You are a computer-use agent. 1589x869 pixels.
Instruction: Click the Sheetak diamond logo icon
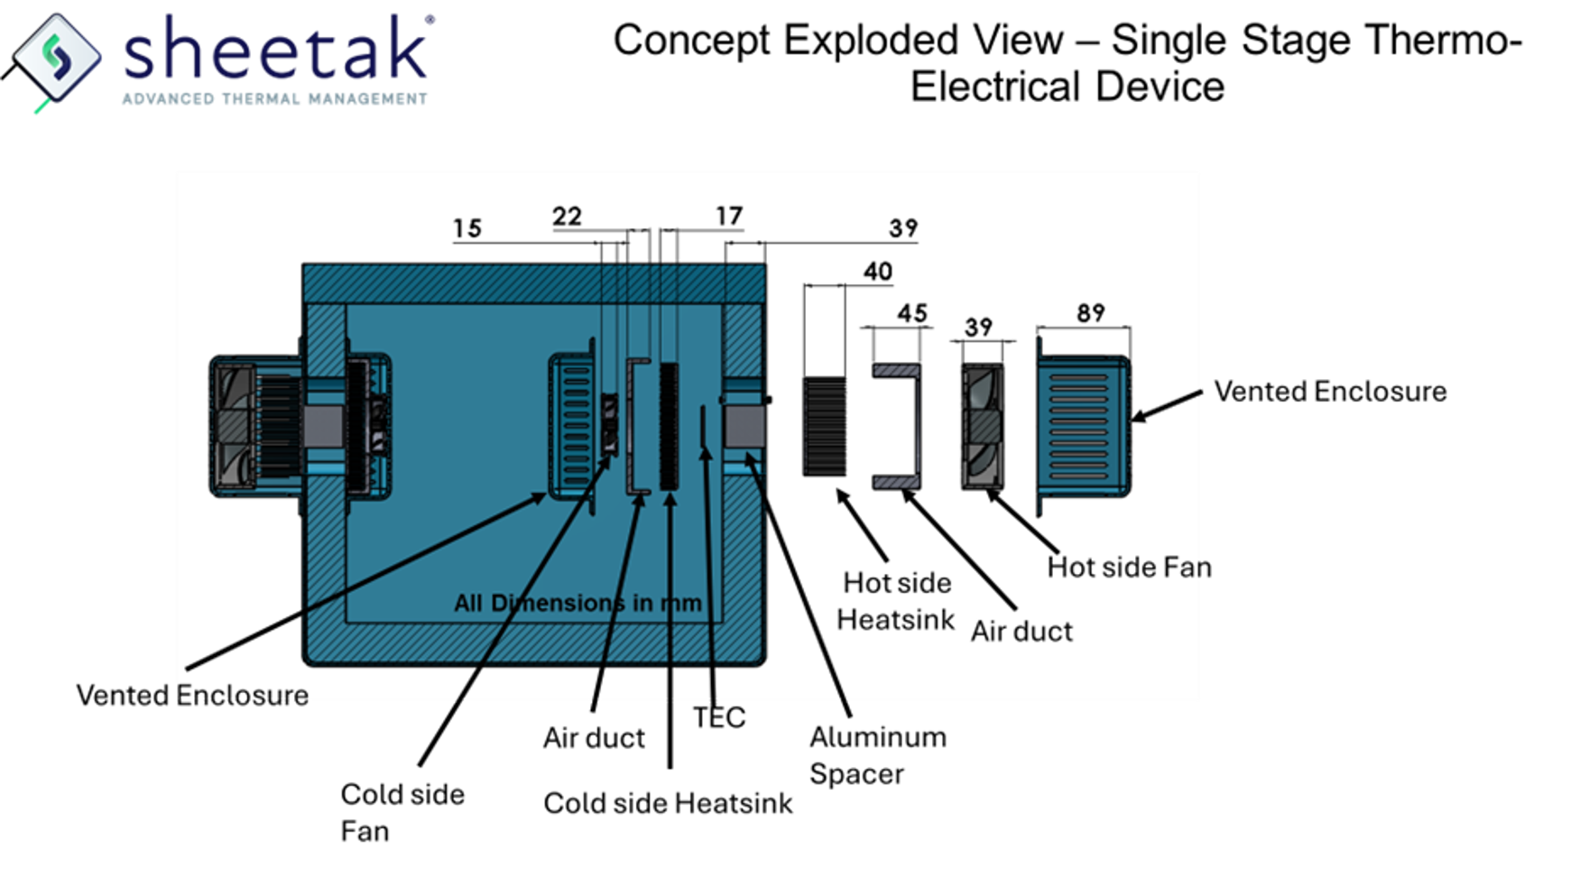coord(57,57)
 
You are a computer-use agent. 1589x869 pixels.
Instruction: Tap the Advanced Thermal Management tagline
coord(274,98)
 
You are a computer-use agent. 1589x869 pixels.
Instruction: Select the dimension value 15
coord(467,229)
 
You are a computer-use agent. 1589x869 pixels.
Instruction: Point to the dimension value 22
coord(567,217)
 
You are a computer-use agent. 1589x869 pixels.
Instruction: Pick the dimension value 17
coord(728,217)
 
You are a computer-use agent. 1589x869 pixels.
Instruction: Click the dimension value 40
coord(877,272)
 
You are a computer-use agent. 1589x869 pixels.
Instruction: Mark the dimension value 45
coord(911,314)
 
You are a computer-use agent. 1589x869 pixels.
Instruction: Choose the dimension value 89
coord(1090,313)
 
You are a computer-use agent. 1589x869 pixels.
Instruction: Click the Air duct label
coord(1021,632)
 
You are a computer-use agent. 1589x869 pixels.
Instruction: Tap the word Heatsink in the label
coord(895,620)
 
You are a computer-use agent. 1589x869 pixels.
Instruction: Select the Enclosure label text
coord(242,693)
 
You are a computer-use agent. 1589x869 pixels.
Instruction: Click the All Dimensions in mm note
coord(577,603)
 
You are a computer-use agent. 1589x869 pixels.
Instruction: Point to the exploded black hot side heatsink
coord(824,426)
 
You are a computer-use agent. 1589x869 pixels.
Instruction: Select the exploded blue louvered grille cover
coord(1083,426)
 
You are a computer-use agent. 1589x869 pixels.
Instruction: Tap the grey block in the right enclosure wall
coord(744,426)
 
